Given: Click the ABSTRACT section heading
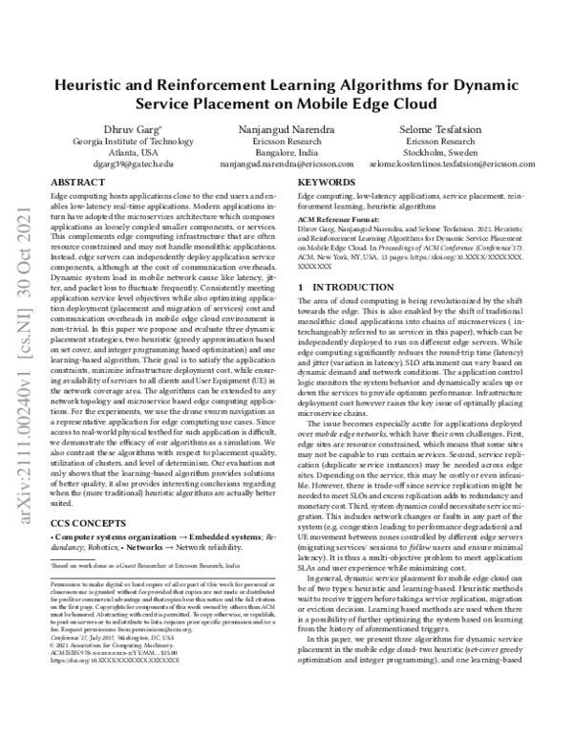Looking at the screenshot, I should pos(76,181).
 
